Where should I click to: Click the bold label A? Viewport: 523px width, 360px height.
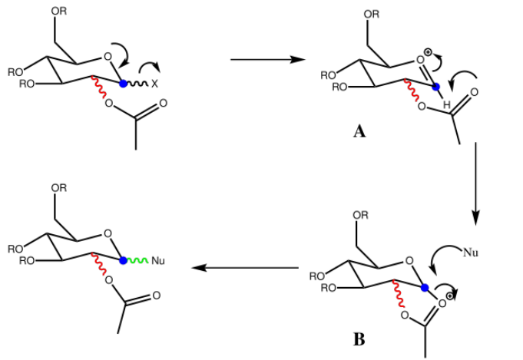point(359,132)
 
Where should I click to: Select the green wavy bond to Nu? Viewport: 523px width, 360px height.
point(137,261)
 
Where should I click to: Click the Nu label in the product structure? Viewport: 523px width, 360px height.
point(159,261)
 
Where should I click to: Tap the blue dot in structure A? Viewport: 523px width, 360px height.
point(435,87)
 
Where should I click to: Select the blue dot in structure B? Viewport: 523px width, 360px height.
point(424,289)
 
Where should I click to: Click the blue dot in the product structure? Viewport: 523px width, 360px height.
point(124,261)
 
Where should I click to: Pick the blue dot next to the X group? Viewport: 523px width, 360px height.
point(124,82)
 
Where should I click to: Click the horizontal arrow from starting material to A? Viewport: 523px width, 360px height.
point(263,60)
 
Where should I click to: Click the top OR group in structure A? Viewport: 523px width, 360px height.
point(371,14)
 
